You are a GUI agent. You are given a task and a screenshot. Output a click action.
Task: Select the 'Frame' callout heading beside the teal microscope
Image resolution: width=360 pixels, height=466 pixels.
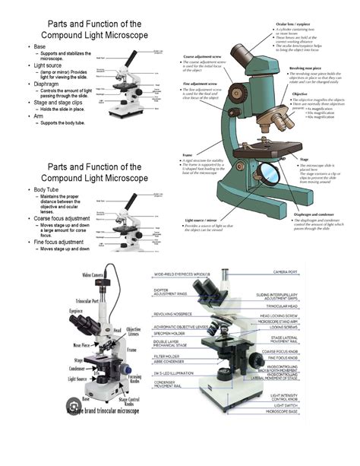pyautogui.click(x=186, y=154)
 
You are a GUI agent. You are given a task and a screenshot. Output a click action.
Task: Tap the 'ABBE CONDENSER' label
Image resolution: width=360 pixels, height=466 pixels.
pyautogui.click(x=168, y=362)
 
